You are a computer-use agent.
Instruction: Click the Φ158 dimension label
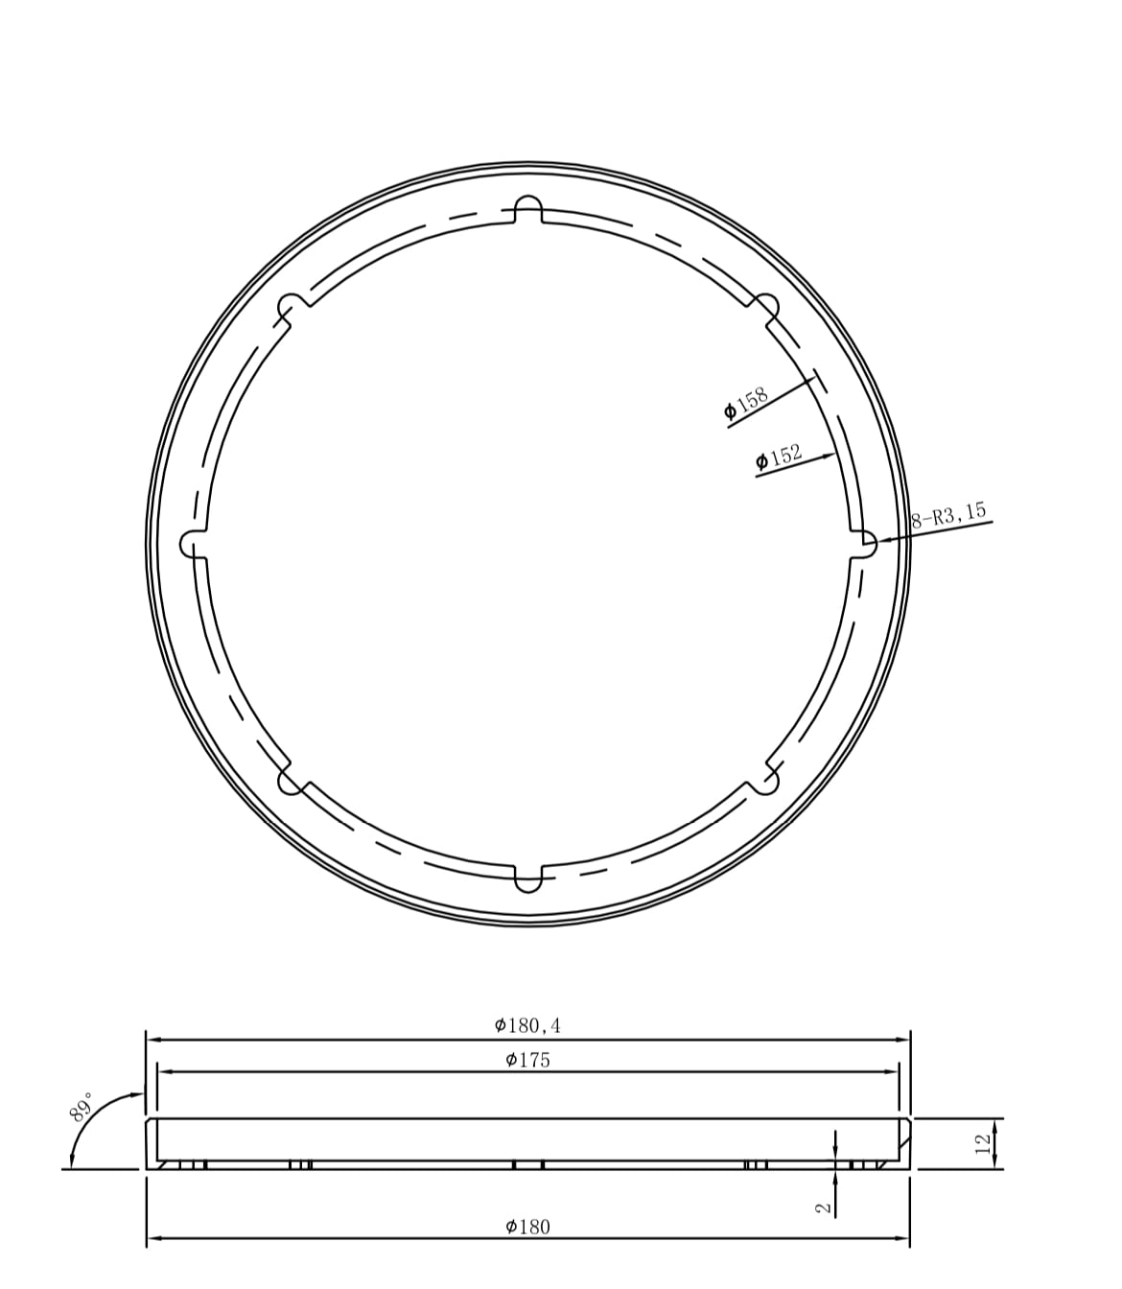746,403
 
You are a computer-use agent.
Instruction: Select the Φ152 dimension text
779,457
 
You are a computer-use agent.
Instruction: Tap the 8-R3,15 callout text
948,515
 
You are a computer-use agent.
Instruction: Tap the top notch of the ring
528,208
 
